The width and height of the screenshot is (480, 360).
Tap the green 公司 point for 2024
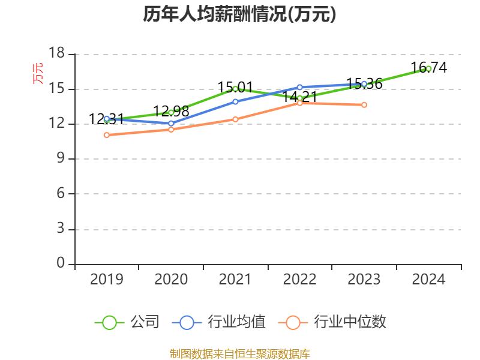[x=428, y=68]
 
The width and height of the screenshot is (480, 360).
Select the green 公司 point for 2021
[x=235, y=89]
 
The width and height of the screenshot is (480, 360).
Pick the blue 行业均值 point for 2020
[x=171, y=124]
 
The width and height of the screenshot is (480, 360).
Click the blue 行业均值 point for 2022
[x=299, y=87]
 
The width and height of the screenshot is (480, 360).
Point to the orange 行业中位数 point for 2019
[x=106, y=135]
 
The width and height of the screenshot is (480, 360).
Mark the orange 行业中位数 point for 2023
[x=364, y=105]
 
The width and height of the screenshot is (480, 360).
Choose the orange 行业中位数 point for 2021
[x=235, y=119]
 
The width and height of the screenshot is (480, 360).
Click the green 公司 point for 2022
[x=299, y=98]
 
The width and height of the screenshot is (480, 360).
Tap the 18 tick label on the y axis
[x=56, y=54]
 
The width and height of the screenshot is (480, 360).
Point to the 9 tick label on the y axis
[x=61, y=159]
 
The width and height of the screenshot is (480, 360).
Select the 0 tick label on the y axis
[x=61, y=263]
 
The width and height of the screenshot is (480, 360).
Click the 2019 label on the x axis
[x=106, y=280]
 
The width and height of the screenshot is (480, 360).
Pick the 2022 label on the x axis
[x=299, y=280]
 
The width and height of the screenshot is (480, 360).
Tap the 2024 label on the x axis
[x=428, y=280]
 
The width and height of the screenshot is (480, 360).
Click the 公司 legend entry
[x=128, y=322]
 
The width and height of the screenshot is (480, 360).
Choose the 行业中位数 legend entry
[x=333, y=322]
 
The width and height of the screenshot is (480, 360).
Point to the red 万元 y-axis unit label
[x=38, y=73]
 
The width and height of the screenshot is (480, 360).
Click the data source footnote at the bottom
[x=239, y=353]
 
